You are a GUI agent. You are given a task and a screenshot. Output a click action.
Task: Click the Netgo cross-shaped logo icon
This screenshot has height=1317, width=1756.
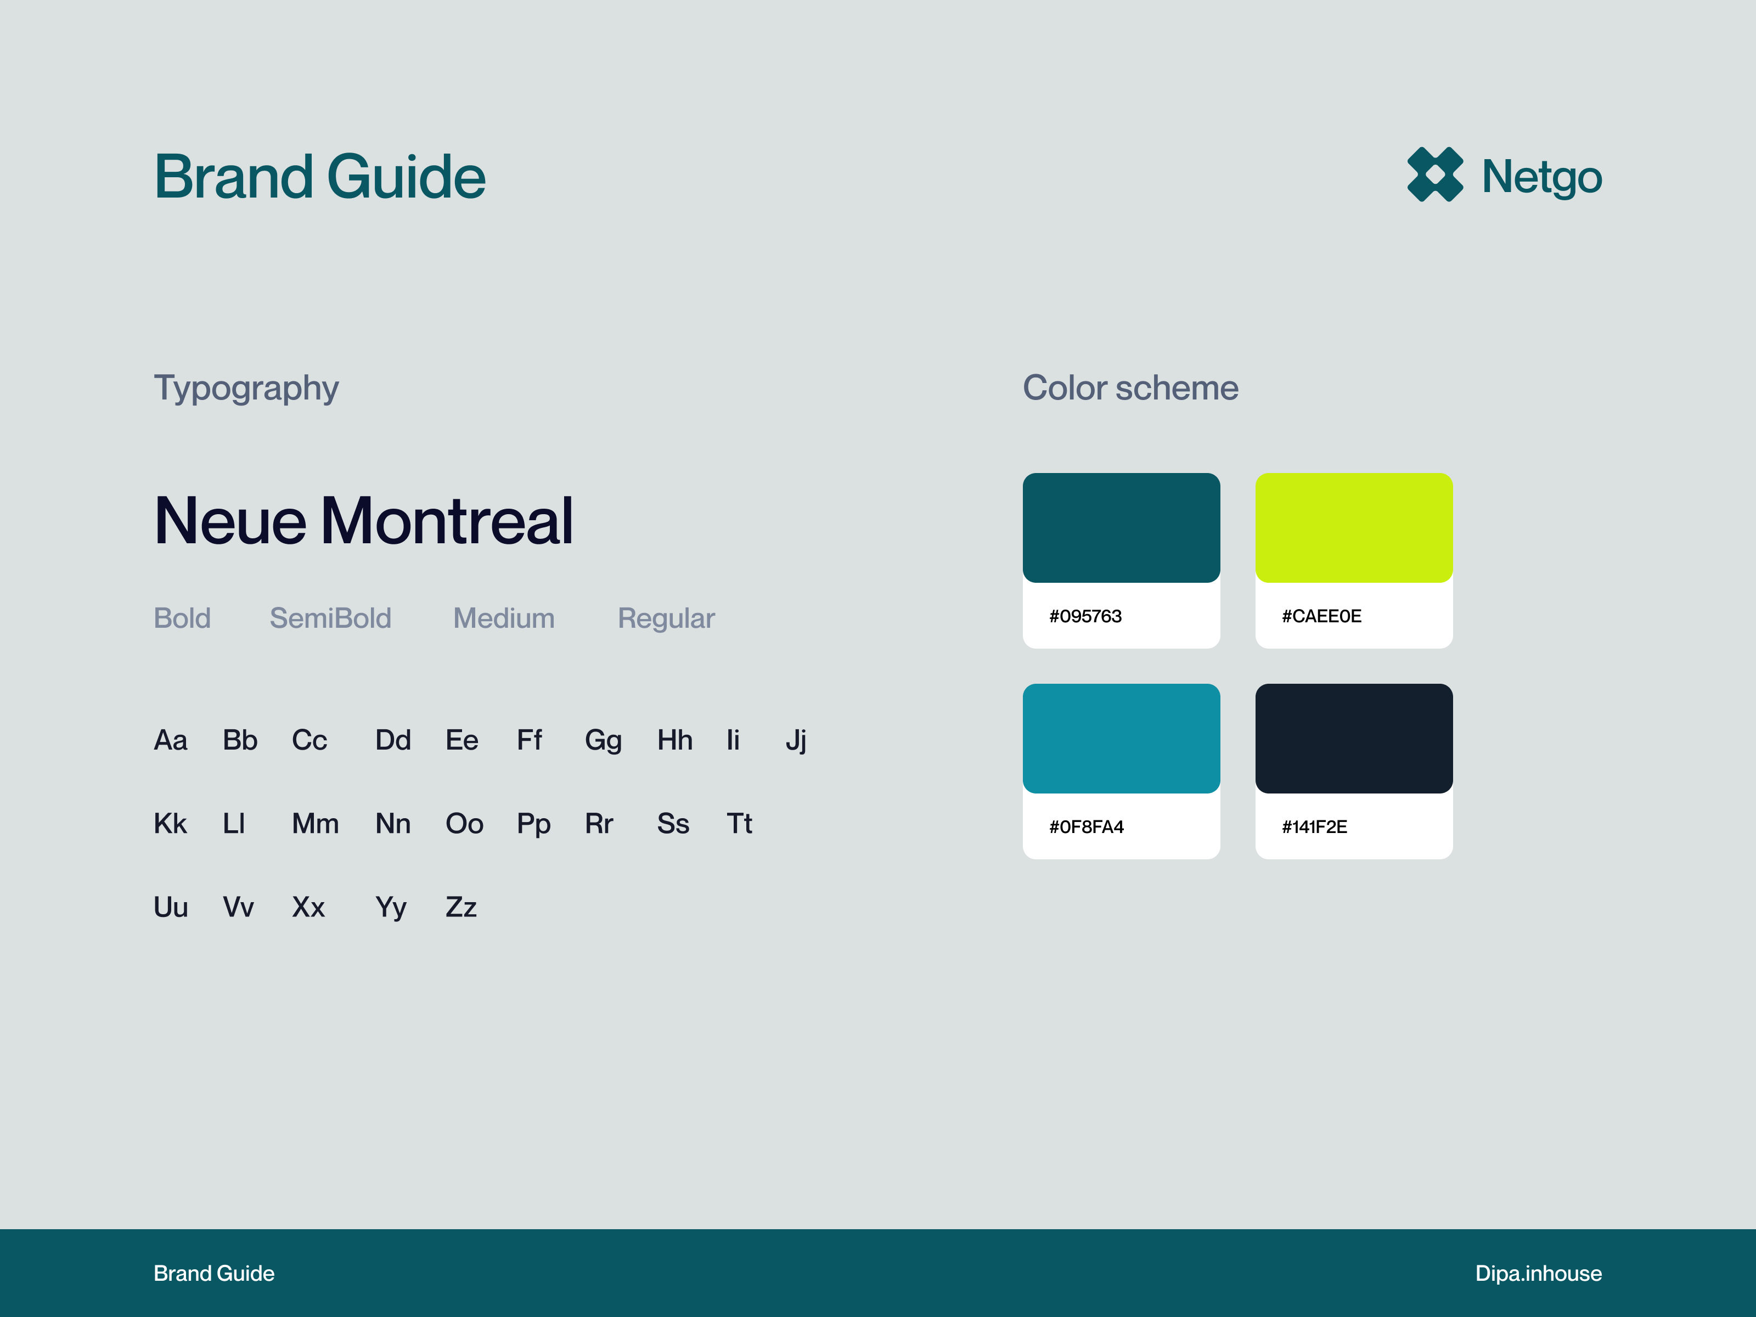[1434, 175]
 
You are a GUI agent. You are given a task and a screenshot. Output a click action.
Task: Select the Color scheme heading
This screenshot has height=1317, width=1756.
[1130, 387]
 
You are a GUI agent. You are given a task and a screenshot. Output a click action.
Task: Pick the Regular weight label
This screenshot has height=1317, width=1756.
[666, 619]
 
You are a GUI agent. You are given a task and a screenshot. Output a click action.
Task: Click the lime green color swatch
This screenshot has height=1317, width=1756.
[1354, 528]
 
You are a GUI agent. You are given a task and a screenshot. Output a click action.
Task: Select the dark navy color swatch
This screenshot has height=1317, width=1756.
[1354, 738]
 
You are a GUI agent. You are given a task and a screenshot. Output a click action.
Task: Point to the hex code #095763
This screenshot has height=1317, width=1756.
[1085, 616]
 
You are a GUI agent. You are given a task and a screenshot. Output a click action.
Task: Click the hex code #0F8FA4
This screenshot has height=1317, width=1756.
[1086, 826]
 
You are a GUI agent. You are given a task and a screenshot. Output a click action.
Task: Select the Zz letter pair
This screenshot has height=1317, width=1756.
[461, 907]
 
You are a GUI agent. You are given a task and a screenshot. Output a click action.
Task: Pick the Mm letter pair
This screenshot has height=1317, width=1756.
[315, 823]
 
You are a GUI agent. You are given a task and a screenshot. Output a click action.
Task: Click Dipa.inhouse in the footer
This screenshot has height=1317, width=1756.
[1539, 1273]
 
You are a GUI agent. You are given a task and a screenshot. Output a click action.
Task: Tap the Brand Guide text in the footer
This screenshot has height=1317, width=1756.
[215, 1273]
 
